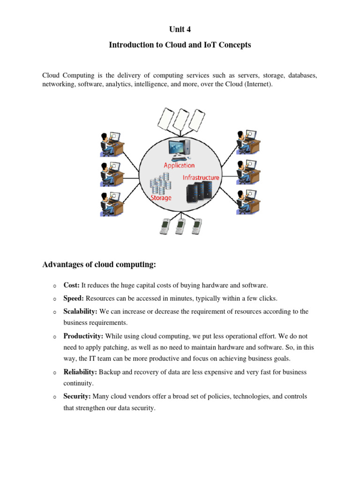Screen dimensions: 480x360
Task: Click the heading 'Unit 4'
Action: coord(180,30)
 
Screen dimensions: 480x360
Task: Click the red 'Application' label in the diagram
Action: coord(179,165)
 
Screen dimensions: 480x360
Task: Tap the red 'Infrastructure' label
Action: coord(201,178)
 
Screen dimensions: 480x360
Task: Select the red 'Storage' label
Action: coord(161,198)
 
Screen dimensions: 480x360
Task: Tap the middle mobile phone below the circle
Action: coord(180,226)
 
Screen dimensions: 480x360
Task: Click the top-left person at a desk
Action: coord(112,144)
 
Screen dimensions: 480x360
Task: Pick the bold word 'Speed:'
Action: coord(74,298)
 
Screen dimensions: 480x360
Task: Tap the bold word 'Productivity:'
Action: coord(83,336)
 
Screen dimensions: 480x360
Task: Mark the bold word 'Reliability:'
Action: coord(80,372)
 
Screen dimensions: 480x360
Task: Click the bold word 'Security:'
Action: coord(77,396)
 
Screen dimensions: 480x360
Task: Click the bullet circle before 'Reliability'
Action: coord(54,372)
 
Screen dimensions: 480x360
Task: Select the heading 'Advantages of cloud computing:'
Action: coord(99,265)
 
